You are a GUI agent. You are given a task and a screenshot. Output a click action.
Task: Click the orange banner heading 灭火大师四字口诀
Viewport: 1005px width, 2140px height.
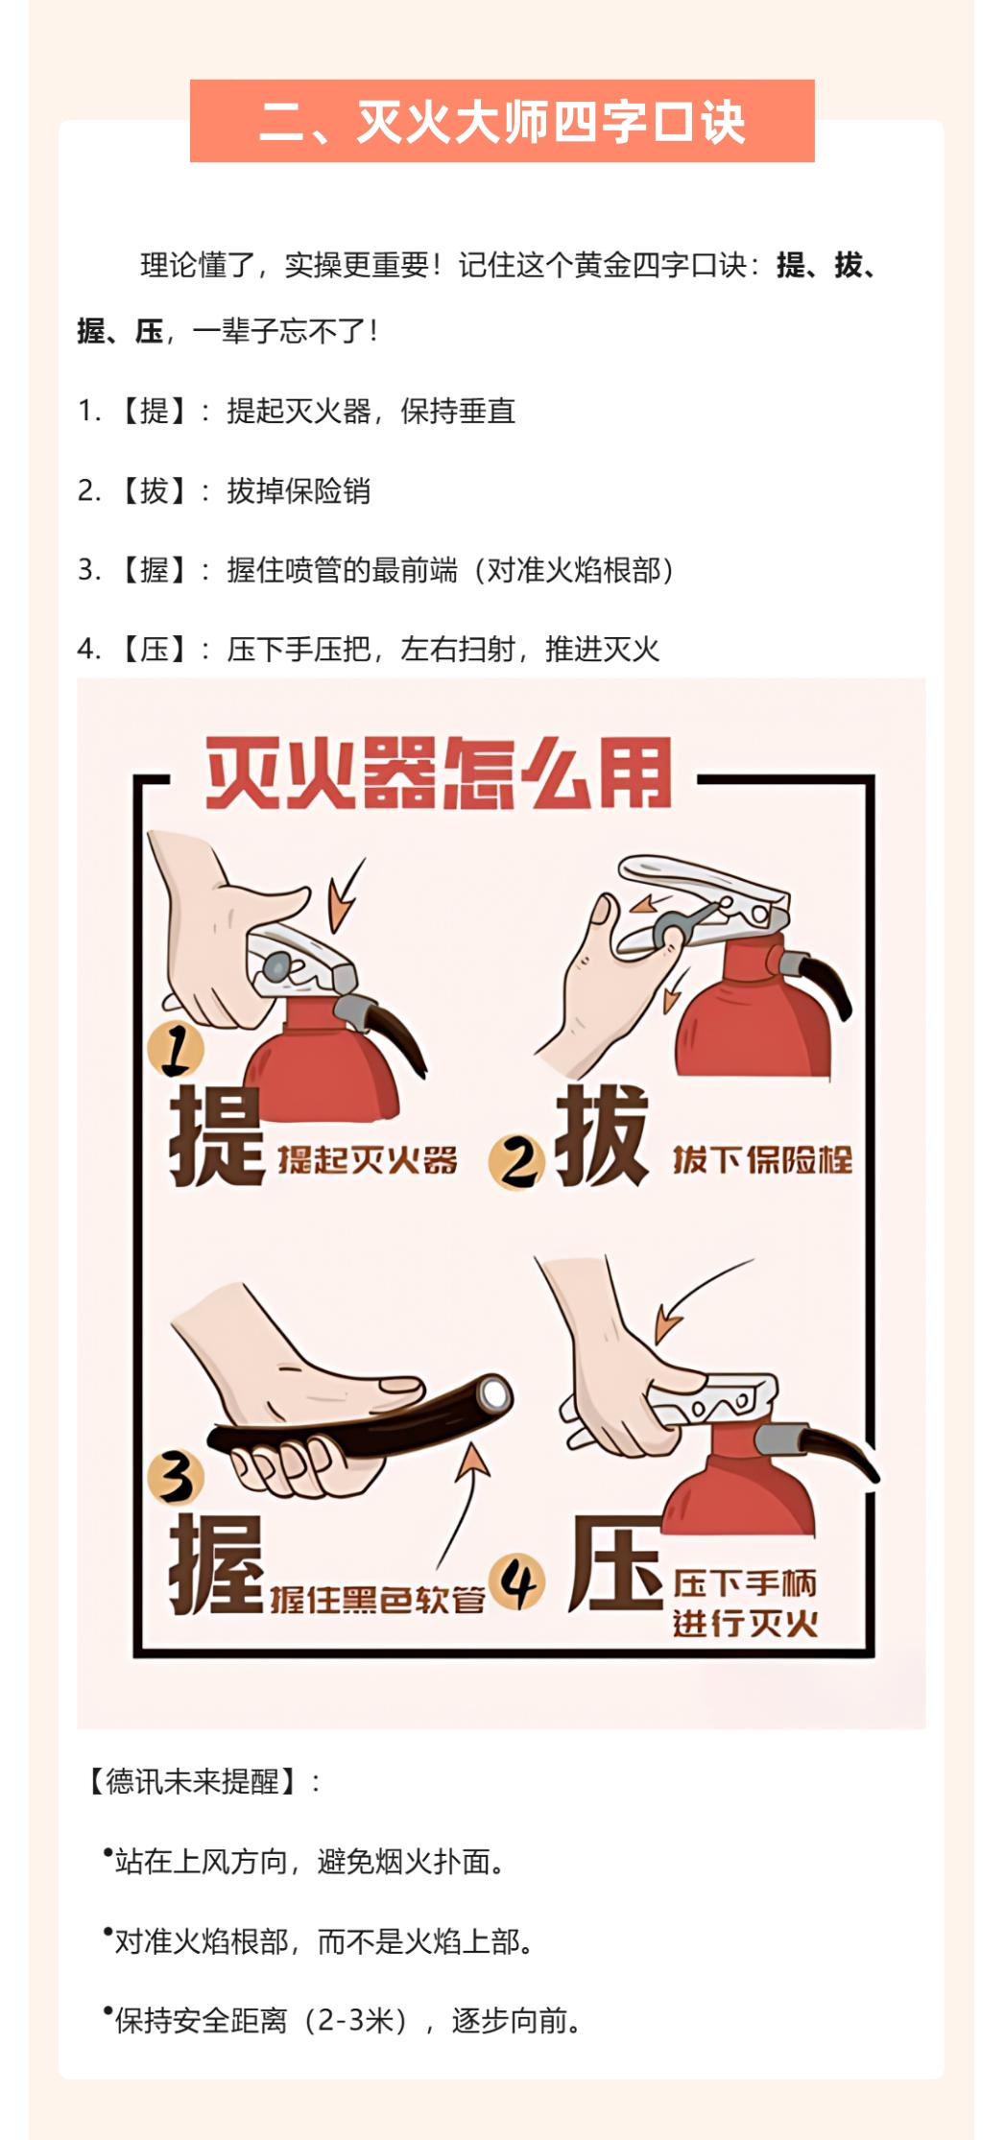[x=502, y=121]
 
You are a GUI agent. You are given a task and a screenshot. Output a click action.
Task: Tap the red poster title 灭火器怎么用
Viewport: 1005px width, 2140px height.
[x=439, y=773]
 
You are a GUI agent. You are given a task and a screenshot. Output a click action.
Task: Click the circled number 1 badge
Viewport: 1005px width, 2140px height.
[x=176, y=1049]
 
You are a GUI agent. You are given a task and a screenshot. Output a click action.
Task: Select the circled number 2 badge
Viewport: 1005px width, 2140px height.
[x=517, y=1162]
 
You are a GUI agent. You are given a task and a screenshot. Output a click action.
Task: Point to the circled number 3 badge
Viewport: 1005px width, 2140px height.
[x=176, y=1477]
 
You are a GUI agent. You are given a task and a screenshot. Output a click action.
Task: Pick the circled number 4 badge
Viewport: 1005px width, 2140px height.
[x=517, y=1582]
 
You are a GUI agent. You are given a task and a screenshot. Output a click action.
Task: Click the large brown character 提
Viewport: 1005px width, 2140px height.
[x=217, y=1136]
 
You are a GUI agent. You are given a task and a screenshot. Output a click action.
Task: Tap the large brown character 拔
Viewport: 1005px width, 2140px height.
[x=602, y=1135]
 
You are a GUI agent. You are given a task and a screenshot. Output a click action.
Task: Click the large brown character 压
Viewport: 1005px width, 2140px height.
[x=615, y=1564]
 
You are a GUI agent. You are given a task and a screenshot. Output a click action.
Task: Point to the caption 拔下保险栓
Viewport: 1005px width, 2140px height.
[x=762, y=1160]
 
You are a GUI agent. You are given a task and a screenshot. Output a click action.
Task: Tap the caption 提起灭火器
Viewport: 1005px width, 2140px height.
[x=368, y=1160]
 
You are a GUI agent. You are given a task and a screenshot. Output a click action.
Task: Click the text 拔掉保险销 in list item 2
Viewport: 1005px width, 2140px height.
[x=299, y=490]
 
